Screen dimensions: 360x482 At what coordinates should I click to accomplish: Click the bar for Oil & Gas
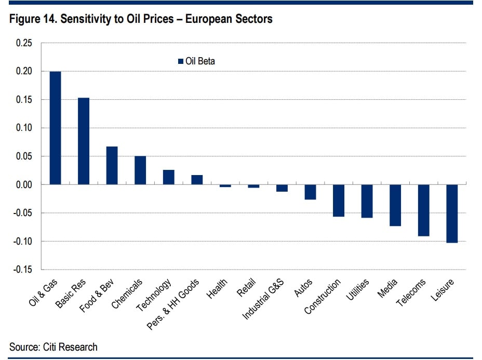click(x=55, y=128)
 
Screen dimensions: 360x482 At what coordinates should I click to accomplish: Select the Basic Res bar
click(x=84, y=141)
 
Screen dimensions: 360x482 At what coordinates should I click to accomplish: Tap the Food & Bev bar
click(x=112, y=165)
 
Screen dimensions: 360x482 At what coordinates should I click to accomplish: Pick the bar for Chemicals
click(x=140, y=170)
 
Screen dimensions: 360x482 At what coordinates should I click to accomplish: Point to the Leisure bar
click(x=451, y=214)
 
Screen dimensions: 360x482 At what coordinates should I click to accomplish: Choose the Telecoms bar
click(x=423, y=210)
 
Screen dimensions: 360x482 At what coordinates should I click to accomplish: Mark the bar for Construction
click(x=339, y=201)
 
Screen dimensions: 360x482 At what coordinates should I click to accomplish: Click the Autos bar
click(x=310, y=192)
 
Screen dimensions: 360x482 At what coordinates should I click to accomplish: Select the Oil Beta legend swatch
click(x=180, y=61)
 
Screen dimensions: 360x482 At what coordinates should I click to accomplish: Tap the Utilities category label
click(x=358, y=290)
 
